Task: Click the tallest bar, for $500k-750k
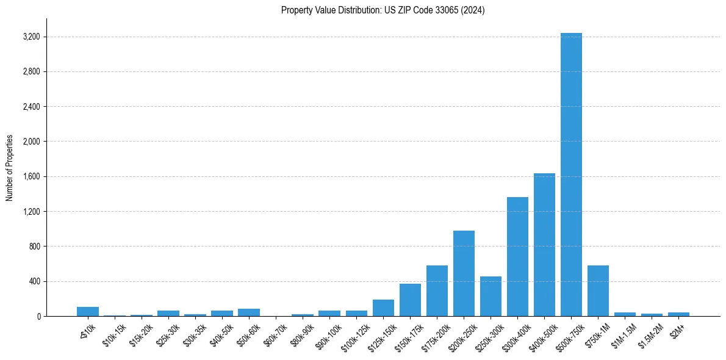pos(571,175)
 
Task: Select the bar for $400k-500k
pos(544,245)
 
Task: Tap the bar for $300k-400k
pos(517,256)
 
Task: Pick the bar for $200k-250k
pos(464,273)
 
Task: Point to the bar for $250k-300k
pos(491,297)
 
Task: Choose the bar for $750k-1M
pos(598,291)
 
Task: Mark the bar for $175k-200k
pos(437,291)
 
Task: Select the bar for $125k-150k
pos(383,308)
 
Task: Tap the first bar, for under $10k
pos(88,312)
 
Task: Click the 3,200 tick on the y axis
pos(30,37)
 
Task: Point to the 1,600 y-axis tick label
pos(30,177)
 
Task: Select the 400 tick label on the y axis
pos(34,282)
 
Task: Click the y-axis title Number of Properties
pos(9,168)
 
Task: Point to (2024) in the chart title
pos(474,10)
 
